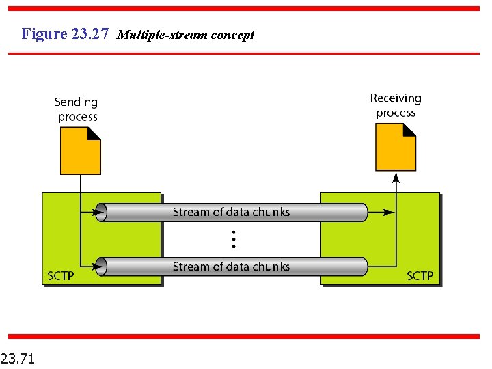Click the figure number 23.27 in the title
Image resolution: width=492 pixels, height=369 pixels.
[x=90, y=33]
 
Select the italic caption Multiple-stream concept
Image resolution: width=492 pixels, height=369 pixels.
[x=186, y=35]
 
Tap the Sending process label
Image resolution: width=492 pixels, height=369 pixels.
[x=77, y=109]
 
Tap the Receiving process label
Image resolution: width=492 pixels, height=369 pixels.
[x=396, y=106]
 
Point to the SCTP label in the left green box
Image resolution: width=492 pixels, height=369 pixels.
[x=60, y=276]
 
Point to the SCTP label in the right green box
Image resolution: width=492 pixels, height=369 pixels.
[x=420, y=276]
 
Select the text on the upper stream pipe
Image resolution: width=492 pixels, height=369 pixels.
[x=231, y=213]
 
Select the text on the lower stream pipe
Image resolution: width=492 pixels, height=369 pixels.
[x=231, y=266]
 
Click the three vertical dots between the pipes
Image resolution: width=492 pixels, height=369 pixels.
[x=233, y=239]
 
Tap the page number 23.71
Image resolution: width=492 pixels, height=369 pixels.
[x=18, y=357]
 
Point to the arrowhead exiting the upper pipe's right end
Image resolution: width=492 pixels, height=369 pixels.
[x=388, y=213]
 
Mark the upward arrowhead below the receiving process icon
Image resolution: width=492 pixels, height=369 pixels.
[x=396, y=178]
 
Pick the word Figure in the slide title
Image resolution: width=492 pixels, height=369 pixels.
[x=44, y=33]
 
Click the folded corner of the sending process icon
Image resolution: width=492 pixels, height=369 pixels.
[x=95, y=133]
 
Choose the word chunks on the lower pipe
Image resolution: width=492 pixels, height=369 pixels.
[x=271, y=266]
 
